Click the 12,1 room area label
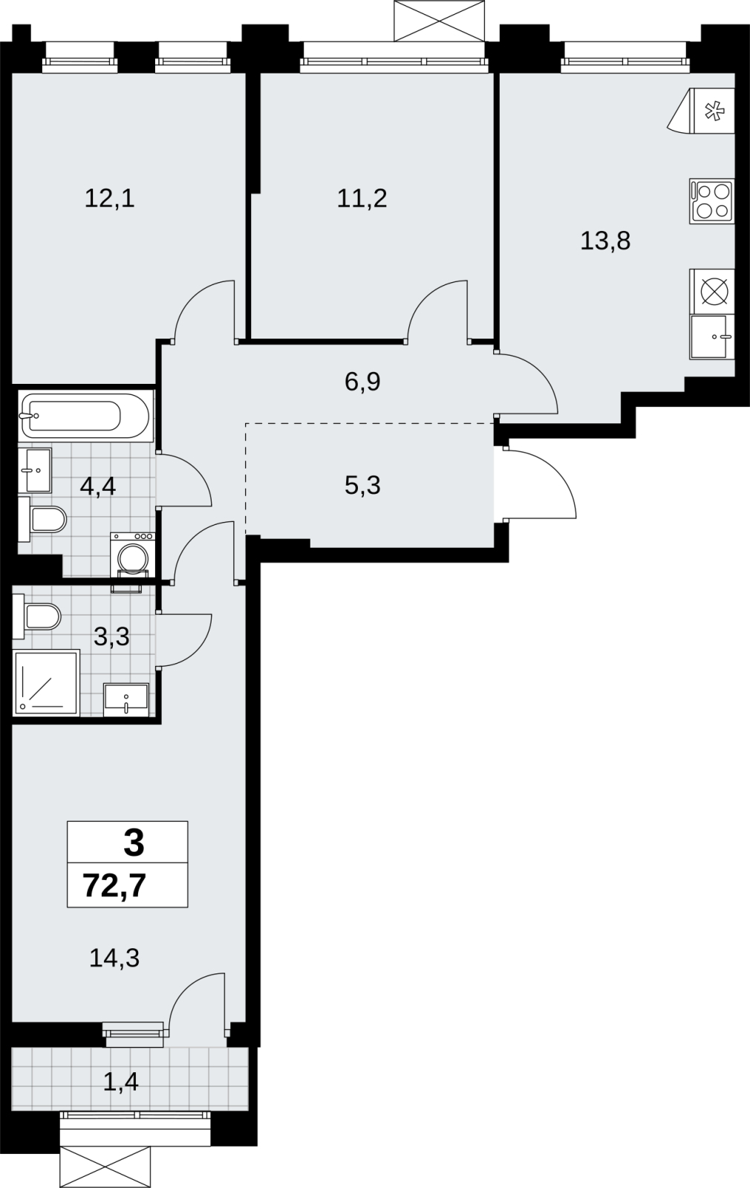tap(110, 199)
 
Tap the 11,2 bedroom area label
tap(362, 199)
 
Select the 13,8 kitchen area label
tap(605, 241)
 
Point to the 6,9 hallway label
tap(363, 382)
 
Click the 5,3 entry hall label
tap(363, 486)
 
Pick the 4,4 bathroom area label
tap(97, 486)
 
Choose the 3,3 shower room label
tap(111, 636)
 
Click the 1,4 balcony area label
tap(121, 1081)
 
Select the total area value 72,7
tap(114, 887)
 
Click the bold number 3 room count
tap(134, 843)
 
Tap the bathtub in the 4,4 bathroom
tap(85, 415)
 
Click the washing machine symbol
tap(133, 555)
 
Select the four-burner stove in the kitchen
tap(712, 201)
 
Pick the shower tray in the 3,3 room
tap(48, 682)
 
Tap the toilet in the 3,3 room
tap(37, 616)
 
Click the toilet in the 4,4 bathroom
tap(42, 519)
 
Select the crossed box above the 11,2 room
tap(440, 21)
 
